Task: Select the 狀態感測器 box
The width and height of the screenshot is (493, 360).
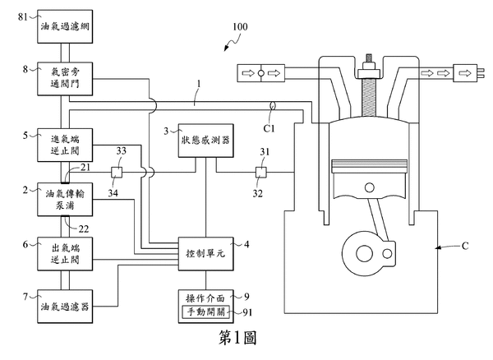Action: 205,140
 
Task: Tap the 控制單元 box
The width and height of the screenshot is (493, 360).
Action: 205,254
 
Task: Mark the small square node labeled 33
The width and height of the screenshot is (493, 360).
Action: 118,172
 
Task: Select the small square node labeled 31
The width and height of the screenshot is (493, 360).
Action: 260,172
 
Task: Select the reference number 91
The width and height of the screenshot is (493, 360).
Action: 248,312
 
